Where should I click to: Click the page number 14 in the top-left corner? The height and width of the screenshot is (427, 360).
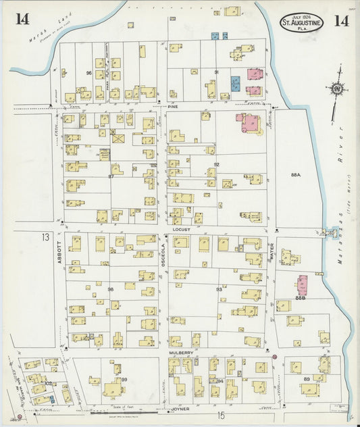[x=22, y=19]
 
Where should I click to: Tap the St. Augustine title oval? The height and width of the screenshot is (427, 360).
[x=302, y=22]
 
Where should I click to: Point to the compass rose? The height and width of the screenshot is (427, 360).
[x=334, y=89]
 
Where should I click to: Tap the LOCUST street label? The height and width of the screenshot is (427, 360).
[x=179, y=230]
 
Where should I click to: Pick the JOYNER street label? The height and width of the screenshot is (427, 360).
[x=180, y=409]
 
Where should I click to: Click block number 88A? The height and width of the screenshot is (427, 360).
[x=296, y=174]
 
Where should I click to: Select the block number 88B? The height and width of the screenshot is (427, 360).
[x=301, y=297]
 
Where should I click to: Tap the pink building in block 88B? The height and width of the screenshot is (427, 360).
[x=303, y=284]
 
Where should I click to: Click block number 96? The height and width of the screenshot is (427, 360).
[x=88, y=72]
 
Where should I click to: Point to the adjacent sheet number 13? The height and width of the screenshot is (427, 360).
[x=45, y=237]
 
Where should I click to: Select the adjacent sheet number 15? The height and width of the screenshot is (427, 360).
[x=220, y=416]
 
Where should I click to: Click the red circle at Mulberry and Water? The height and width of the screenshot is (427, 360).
[x=275, y=356]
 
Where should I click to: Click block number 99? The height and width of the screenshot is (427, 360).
[x=124, y=380]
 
